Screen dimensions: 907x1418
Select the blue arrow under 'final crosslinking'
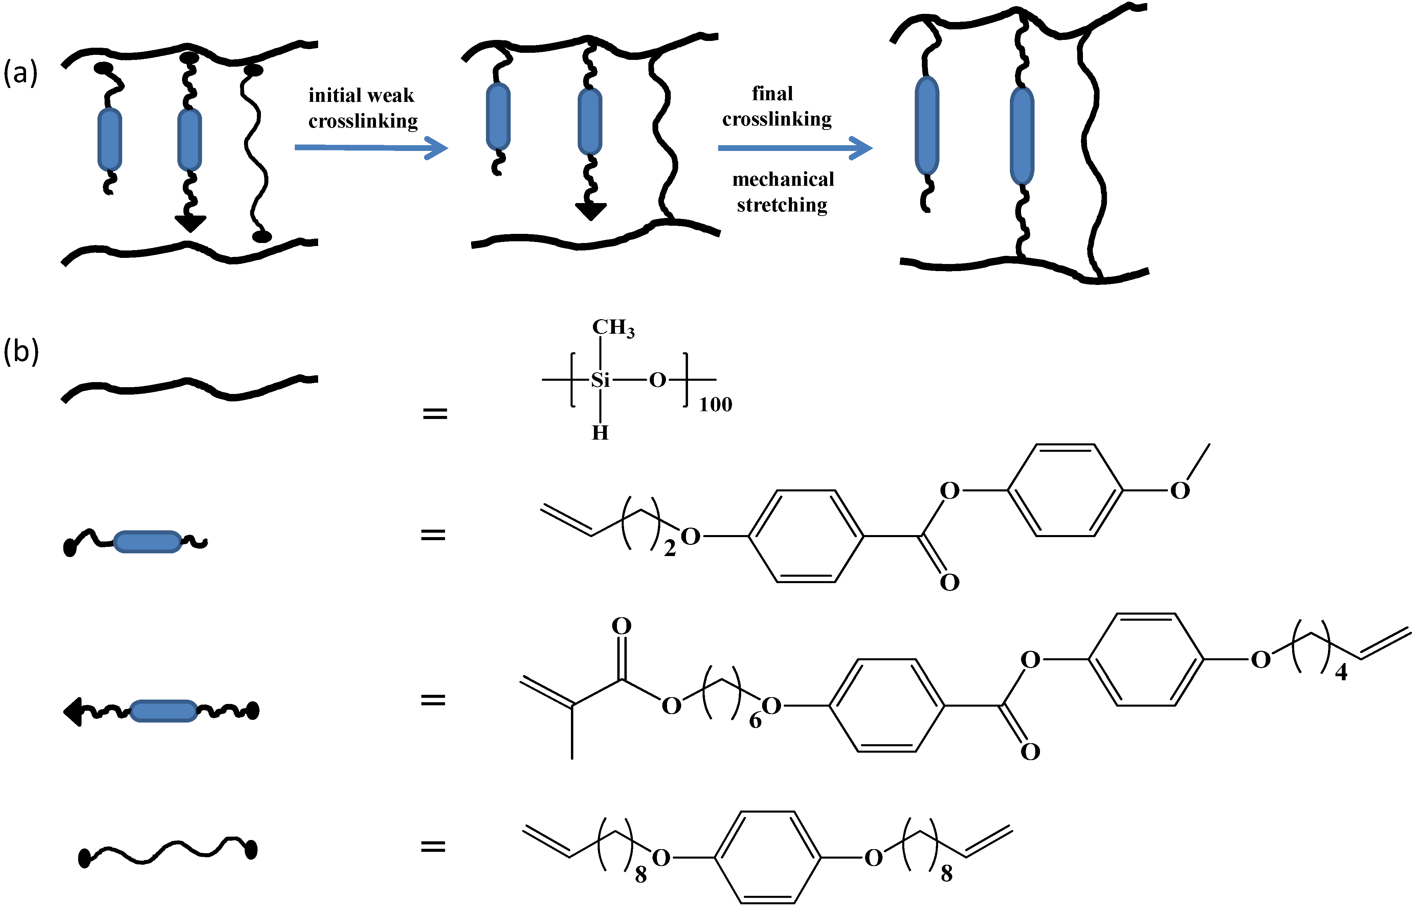pyautogui.click(x=795, y=148)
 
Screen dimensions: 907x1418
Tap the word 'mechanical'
pyautogui.click(x=783, y=179)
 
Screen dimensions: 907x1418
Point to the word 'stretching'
pyautogui.click(x=782, y=205)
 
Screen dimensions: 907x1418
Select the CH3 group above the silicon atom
pyautogui.click(x=613, y=328)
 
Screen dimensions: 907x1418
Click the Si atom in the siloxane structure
pyautogui.click(x=600, y=380)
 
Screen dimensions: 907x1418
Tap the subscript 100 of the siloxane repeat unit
pyautogui.click(x=715, y=405)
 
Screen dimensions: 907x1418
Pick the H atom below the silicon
pyautogui.click(x=600, y=433)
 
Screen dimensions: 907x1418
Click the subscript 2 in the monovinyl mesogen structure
pyautogui.click(x=669, y=549)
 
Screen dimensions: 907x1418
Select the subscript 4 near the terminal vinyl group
pyautogui.click(x=1341, y=672)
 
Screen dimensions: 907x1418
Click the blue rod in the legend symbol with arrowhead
pyautogui.click(x=163, y=711)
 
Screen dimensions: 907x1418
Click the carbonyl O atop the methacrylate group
pyautogui.click(x=621, y=626)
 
